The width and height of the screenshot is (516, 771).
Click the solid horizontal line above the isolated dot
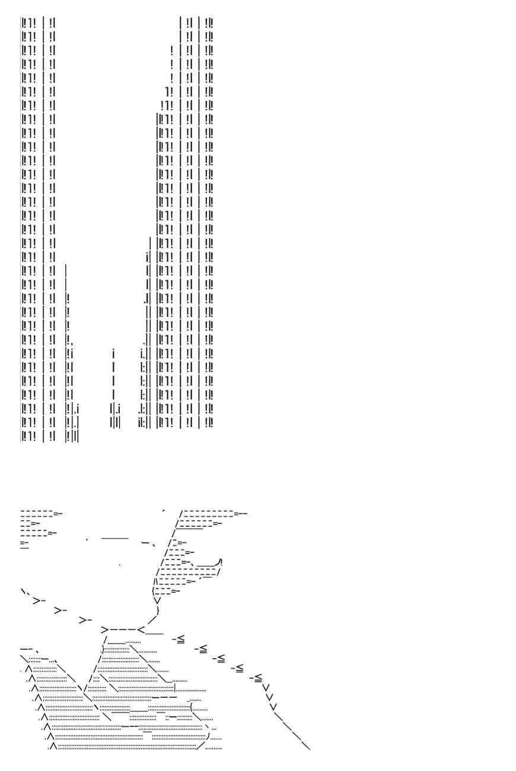point(115,538)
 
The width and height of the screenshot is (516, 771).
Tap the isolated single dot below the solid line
point(120,565)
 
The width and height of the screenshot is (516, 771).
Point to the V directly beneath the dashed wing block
point(157,600)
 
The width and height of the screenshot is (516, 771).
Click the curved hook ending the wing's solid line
point(220,562)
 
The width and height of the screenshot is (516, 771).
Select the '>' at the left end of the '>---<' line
point(104,629)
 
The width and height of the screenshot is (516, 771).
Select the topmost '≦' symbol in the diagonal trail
point(180,639)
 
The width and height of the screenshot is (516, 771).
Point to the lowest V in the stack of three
point(273,706)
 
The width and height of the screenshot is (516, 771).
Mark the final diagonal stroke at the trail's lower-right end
point(306,746)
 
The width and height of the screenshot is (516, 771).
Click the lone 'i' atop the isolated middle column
point(113,354)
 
